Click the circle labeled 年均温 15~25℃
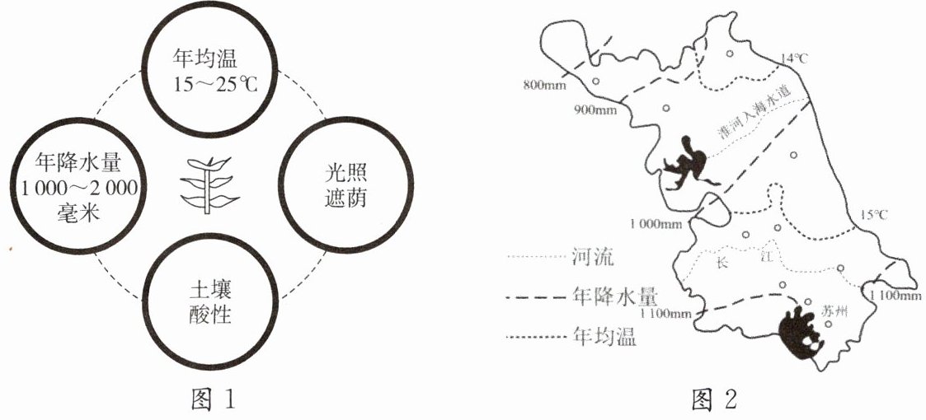(211, 70)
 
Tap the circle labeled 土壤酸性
(211, 302)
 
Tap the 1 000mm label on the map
(656, 223)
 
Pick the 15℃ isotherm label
(872, 216)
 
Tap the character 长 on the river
(723, 263)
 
